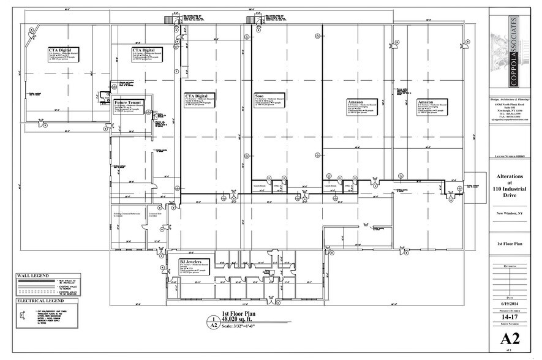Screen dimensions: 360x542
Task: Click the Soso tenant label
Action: coord(260,96)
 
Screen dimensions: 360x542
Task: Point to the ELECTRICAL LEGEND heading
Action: coord(40,302)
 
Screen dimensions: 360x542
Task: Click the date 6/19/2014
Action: coord(512,304)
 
